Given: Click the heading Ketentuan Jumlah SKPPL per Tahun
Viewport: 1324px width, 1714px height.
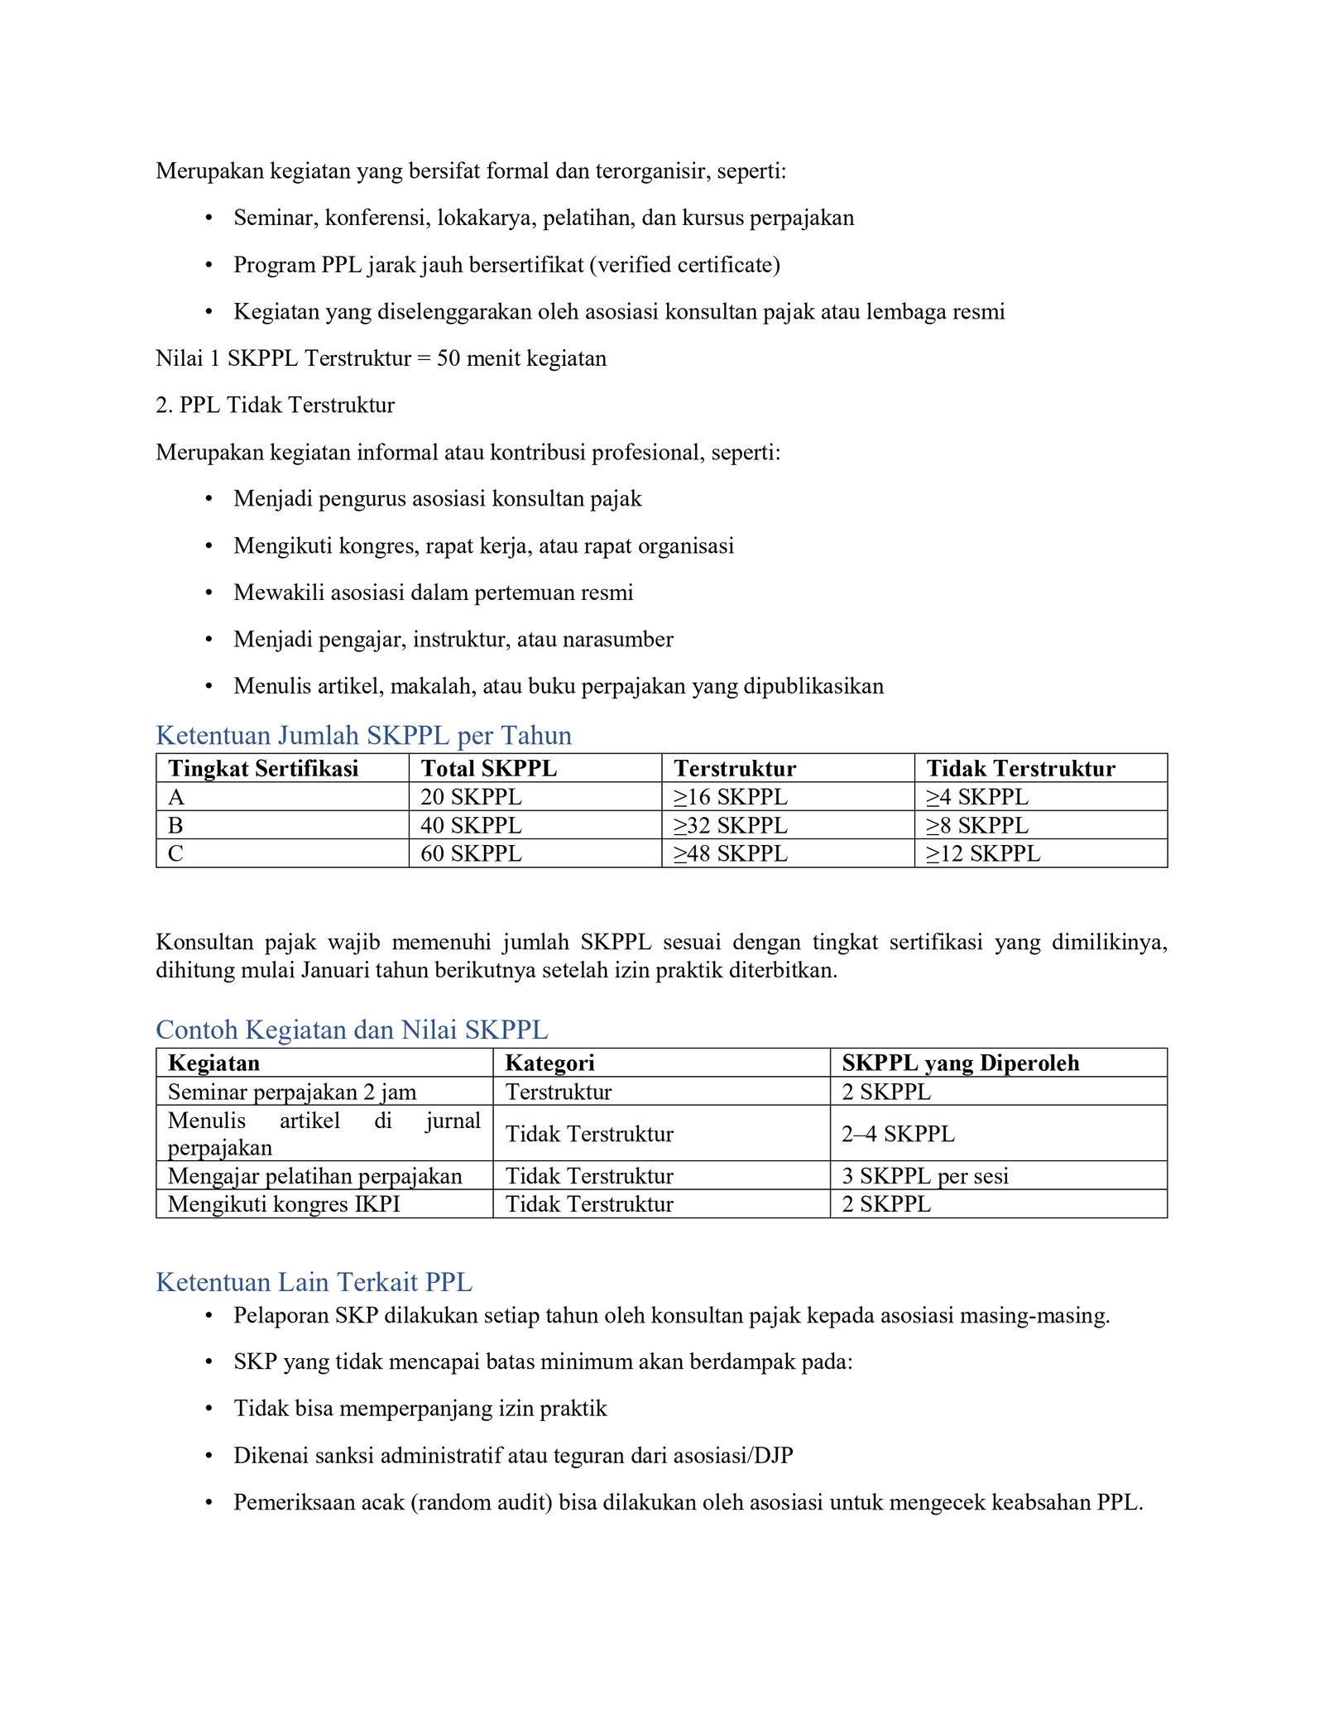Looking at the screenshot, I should (x=363, y=735).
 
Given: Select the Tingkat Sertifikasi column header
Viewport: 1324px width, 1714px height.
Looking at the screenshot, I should (x=263, y=768).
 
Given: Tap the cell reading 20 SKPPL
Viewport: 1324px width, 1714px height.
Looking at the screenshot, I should (x=471, y=796).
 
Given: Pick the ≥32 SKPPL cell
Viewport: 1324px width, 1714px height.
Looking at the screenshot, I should (x=730, y=825).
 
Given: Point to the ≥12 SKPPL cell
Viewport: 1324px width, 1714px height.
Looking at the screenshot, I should (x=982, y=853).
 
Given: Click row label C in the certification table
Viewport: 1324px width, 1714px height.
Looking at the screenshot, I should (x=175, y=853).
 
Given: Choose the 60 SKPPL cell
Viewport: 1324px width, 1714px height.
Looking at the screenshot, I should (x=471, y=853).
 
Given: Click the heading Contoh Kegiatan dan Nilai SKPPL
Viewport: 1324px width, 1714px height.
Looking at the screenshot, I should (x=352, y=1030).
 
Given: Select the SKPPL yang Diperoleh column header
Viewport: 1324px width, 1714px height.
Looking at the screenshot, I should (x=960, y=1063).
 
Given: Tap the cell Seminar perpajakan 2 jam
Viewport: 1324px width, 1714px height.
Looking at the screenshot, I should (x=292, y=1092).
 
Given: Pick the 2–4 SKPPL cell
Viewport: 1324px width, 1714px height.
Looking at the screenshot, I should (x=898, y=1133).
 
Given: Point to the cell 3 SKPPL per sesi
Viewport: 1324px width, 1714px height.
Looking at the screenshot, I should (x=925, y=1176).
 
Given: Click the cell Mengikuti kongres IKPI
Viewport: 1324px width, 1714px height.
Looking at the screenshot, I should (x=284, y=1204).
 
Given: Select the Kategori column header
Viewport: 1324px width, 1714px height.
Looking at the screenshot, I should (x=549, y=1063).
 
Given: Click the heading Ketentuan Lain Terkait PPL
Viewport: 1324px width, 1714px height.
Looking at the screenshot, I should (x=314, y=1282).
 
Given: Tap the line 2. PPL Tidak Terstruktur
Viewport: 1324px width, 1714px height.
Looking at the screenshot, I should (x=275, y=405).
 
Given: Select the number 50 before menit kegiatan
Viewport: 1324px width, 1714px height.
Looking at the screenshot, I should (x=449, y=358).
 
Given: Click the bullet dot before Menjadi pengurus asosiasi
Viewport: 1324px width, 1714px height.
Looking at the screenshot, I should (x=209, y=499).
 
